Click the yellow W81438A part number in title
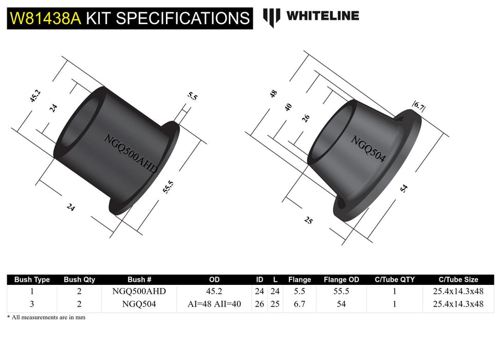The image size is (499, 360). [x=45, y=19]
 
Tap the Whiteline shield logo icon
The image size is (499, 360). [x=271, y=17]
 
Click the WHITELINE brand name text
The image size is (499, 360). [x=322, y=16]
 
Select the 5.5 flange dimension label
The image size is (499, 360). [x=192, y=96]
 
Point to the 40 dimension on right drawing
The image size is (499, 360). [x=289, y=106]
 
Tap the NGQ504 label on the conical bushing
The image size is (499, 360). [x=368, y=148]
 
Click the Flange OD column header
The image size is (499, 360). [x=341, y=280]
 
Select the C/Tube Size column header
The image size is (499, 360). [x=458, y=280]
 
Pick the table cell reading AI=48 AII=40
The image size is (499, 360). [x=214, y=304]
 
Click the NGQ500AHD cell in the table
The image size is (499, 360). [x=139, y=292]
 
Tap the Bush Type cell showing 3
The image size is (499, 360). [x=32, y=304]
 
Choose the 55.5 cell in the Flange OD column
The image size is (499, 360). [x=341, y=292]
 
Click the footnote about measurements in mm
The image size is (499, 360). [x=46, y=317]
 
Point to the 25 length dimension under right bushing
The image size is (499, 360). [x=308, y=221]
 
